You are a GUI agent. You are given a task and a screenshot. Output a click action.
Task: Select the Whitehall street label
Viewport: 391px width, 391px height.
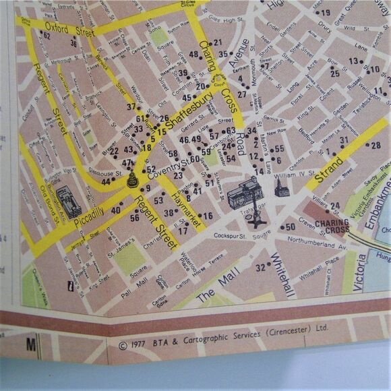tap(282, 275)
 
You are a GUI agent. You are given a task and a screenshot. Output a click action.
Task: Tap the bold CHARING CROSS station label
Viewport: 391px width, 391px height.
tap(332, 226)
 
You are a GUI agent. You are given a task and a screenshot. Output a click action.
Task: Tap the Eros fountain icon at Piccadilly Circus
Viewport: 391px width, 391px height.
tap(131, 179)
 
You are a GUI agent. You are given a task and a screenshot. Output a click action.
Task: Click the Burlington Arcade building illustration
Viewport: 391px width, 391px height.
tap(68, 200)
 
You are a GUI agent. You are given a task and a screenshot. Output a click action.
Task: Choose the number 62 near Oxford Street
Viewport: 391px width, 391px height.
tap(46, 35)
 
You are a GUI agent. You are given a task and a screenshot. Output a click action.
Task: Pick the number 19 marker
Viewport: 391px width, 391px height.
tap(326, 12)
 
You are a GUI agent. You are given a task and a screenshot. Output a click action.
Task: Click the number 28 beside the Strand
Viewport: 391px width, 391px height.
tap(375, 145)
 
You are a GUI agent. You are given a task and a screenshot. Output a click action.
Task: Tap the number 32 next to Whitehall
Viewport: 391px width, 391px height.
tap(260, 268)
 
